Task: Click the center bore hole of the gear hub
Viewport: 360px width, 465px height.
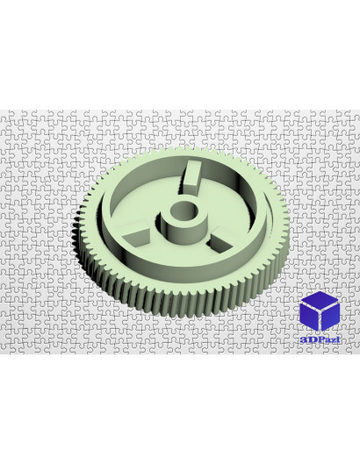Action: (184, 211)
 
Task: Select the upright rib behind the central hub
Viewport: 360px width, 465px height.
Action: (191, 177)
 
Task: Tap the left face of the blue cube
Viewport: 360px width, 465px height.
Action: (309, 318)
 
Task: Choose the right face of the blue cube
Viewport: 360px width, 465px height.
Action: (330, 318)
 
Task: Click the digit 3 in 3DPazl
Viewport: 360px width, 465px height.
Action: (303, 340)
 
